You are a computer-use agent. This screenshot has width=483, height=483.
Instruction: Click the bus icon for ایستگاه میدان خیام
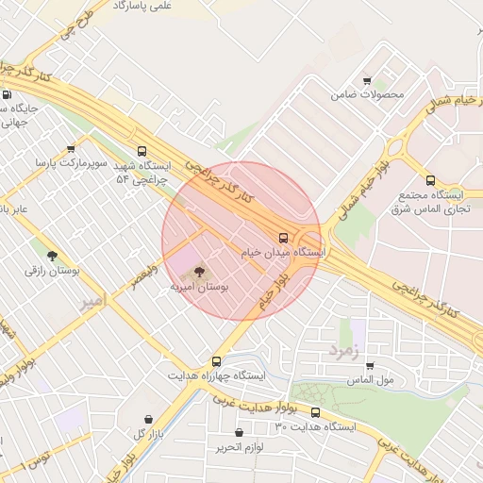tap(283, 237)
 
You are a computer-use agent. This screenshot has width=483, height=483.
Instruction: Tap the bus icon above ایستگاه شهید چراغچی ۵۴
tap(142, 150)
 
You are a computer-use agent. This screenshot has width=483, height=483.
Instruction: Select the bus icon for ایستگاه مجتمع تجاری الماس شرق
tap(430, 180)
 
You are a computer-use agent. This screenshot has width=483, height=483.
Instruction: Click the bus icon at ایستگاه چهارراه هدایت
tap(217, 360)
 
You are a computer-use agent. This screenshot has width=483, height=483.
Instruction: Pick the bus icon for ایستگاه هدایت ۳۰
tap(315, 412)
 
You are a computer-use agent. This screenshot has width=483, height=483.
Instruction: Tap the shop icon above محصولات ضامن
tap(367, 81)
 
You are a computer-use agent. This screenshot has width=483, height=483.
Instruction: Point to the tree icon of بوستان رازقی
tap(51, 255)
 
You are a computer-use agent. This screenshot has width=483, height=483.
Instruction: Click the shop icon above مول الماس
tap(369, 365)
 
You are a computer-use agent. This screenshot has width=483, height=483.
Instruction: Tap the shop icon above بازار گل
tap(148, 419)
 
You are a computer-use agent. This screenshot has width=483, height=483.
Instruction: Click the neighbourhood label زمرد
tap(344, 350)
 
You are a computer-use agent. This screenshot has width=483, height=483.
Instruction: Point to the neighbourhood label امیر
tap(91, 302)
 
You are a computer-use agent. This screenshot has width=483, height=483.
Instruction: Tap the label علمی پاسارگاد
tap(142, 6)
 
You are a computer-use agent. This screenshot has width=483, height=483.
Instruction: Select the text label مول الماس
tap(370, 379)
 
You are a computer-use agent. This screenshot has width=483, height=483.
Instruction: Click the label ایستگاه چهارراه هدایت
tap(217, 375)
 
